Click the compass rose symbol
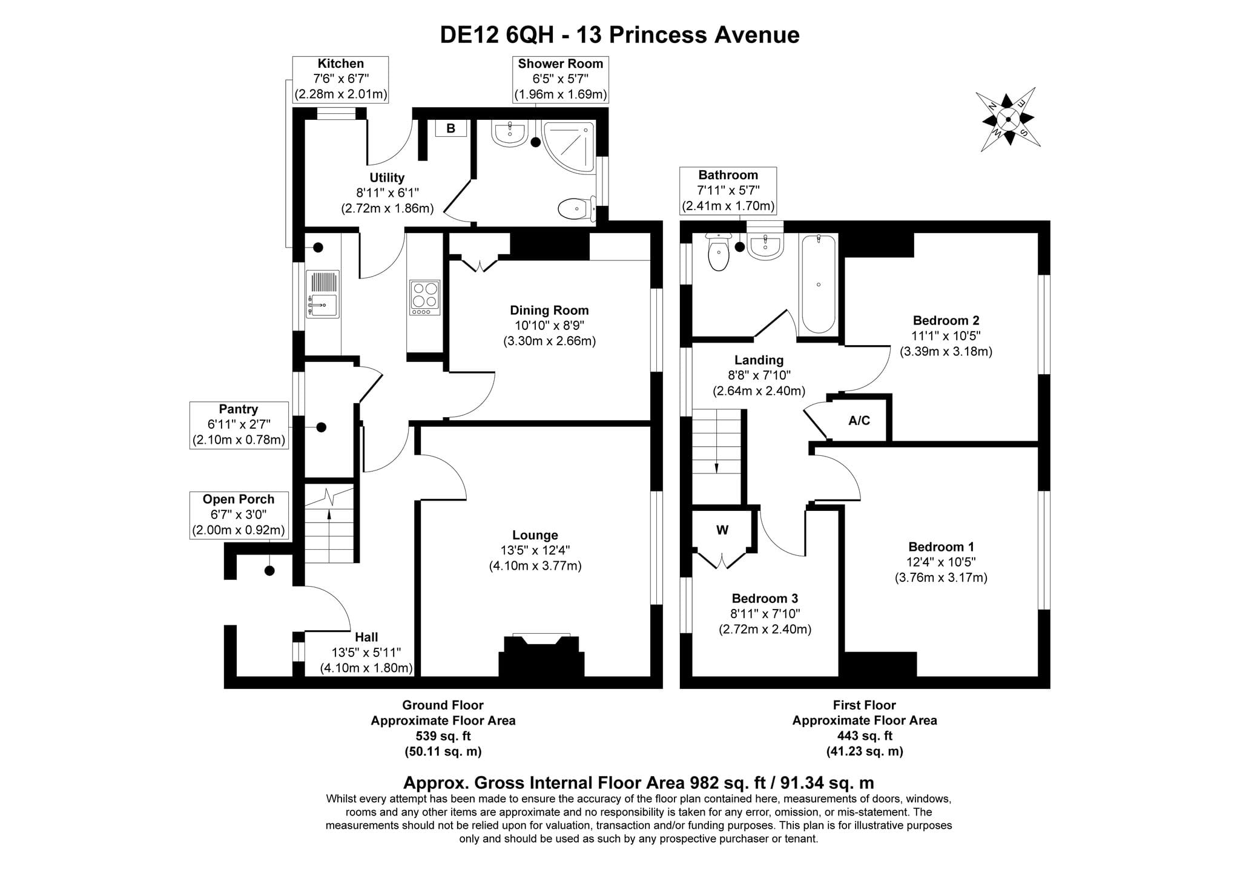click(x=1007, y=119)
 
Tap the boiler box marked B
click(x=450, y=128)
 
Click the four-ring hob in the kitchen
click(x=424, y=297)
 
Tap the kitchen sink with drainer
click(x=323, y=294)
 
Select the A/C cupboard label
click(x=859, y=420)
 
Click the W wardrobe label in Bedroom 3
click(x=722, y=530)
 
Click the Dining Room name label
click(x=549, y=310)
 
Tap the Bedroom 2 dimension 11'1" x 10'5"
click(x=946, y=335)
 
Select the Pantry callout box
click(x=239, y=425)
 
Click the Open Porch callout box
click(x=239, y=515)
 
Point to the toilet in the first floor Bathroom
click(x=718, y=253)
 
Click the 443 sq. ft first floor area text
click(x=865, y=736)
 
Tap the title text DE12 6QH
click(x=496, y=35)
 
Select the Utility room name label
click(x=387, y=177)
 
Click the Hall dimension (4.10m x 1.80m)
click(x=366, y=668)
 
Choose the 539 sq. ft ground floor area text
click(x=443, y=736)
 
